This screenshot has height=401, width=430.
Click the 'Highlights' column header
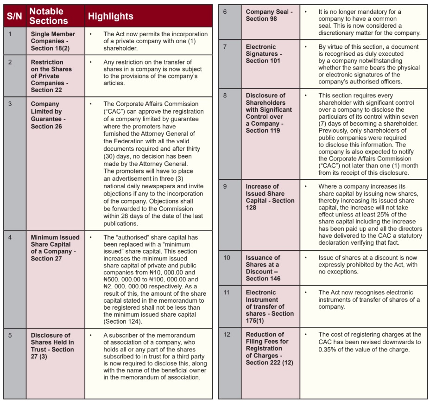pos(111,16)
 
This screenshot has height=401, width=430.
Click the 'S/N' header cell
pos(14,16)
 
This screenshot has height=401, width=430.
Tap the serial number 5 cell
pos(11,335)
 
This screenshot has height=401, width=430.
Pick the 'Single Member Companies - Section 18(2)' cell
pos(54,41)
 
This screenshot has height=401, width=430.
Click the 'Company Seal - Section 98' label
pos(269,15)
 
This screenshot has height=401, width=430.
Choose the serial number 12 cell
pos(226,334)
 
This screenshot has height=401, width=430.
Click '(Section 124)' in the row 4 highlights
pos(123,321)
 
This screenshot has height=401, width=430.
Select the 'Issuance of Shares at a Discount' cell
pos(263,268)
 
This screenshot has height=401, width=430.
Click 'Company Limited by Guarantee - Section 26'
pos(48,115)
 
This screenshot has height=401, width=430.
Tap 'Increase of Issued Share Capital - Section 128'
pos(270,197)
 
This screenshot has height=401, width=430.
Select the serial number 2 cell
pos(11,62)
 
